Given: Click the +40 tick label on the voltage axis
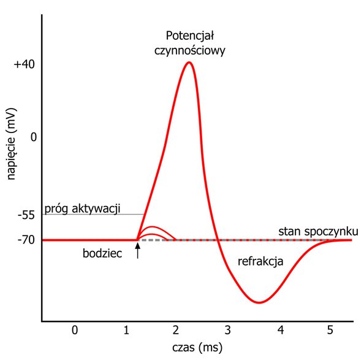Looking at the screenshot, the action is pyautogui.click(x=25, y=64).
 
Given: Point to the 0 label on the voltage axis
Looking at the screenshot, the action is pyautogui.click(x=34, y=137).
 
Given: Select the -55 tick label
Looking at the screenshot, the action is pyautogui.click(x=26, y=215).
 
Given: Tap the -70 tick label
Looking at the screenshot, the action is pyautogui.click(x=26, y=240).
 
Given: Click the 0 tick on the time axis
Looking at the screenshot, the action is pyautogui.click(x=75, y=330).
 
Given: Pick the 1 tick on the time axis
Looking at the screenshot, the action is pyautogui.click(x=126, y=330).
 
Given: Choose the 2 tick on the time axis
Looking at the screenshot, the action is pyautogui.click(x=176, y=330).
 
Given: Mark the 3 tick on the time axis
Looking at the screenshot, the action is pyautogui.click(x=228, y=330).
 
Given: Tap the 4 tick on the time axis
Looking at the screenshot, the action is pyautogui.click(x=281, y=330).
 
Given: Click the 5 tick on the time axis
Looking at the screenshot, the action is pyautogui.click(x=330, y=330).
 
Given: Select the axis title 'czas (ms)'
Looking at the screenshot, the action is pyautogui.click(x=197, y=348).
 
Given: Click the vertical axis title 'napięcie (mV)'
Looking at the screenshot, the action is pyautogui.click(x=11, y=144).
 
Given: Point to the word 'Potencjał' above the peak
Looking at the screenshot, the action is pyautogui.click(x=190, y=36).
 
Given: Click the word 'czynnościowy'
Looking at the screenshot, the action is pyautogui.click(x=190, y=51).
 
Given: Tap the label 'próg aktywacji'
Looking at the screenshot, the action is pyautogui.click(x=82, y=209).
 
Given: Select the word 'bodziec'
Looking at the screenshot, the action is pyautogui.click(x=102, y=253).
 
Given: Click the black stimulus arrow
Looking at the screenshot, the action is pyautogui.click(x=138, y=250).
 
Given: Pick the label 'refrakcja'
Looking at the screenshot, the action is pyautogui.click(x=260, y=261).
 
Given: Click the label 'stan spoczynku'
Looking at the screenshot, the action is pyautogui.click(x=318, y=232).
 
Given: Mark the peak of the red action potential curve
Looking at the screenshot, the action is pyautogui.click(x=189, y=62).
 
